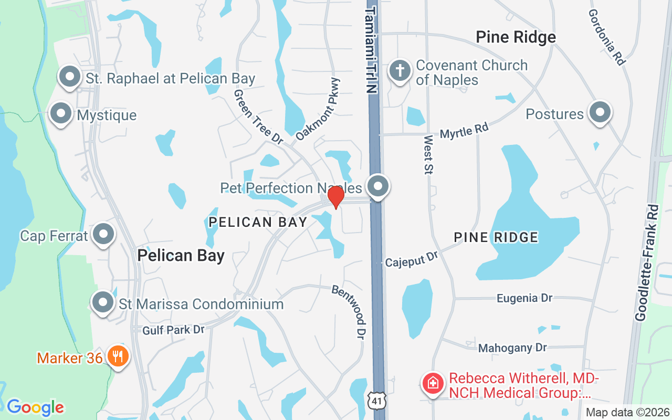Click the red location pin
tap(335, 197)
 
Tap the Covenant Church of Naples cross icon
tap(400, 71)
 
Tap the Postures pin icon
tap(600, 112)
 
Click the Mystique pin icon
tap(61, 113)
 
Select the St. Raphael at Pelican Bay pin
tap(69, 77)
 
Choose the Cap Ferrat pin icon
tap(103, 234)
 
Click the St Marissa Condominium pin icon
tap(103, 302)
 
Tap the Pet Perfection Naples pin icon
tap(377, 186)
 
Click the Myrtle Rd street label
tap(464, 130)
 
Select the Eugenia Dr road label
tap(524, 298)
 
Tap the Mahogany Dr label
tap(512, 348)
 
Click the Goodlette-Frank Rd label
tap(646, 262)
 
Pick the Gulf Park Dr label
tap(173, 330)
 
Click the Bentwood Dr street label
tap(349, 311)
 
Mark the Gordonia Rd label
tap(606, 37)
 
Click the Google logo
tap(35, 407)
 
